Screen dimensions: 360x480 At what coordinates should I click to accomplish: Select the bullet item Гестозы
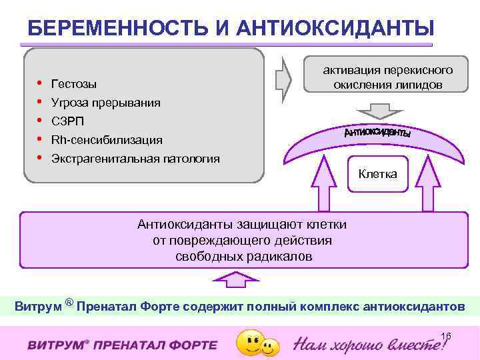pos(73,84)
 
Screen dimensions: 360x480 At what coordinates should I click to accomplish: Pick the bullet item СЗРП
pos(67,121)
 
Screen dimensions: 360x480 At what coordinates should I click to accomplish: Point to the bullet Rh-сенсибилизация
pos(107,140)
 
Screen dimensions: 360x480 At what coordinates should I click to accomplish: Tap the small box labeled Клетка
pos(377,174)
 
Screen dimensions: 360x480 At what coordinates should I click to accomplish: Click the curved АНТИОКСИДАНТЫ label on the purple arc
pos(377,132)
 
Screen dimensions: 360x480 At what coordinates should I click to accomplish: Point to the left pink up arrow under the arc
pos(325,187)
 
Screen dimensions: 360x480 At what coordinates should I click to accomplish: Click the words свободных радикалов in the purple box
pos(243,256)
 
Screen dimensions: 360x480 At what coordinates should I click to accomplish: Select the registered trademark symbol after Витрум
pos(69,303)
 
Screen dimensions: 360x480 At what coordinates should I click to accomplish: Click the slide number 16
pos(446,335)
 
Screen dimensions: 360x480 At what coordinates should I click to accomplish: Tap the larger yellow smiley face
pos(250,342)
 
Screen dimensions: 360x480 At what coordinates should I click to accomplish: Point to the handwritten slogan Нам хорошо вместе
pos(371,344)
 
